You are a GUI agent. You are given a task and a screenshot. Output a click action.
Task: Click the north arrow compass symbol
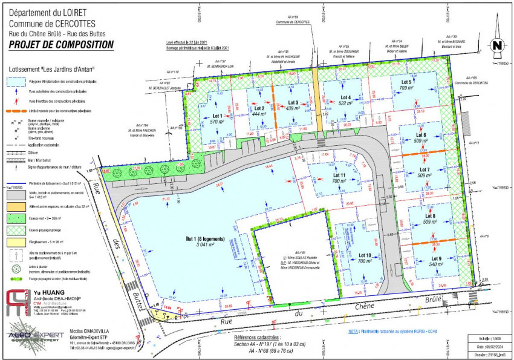pyautogui.click(x=496, y=45)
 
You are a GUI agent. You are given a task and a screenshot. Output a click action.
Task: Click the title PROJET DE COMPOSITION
pyautogui.click(x=61, y=44)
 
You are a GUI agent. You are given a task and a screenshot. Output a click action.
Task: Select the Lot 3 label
pyautogui.click(x=293, y=102)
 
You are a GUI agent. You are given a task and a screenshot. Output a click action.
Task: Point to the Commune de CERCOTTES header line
pyautogui.click(x=47, y=24)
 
